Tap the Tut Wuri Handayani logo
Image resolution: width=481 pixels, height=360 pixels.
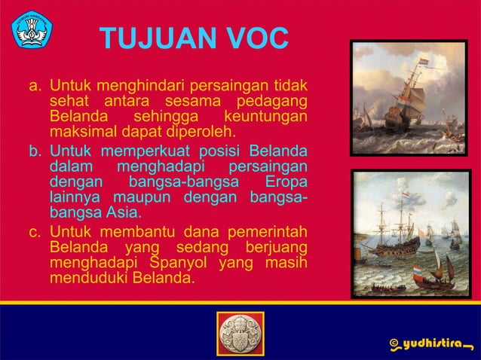[x=32, y=30]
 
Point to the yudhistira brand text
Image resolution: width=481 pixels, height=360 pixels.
[x=435, y=344]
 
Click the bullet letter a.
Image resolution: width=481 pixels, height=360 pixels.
[x=35, y=84]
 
